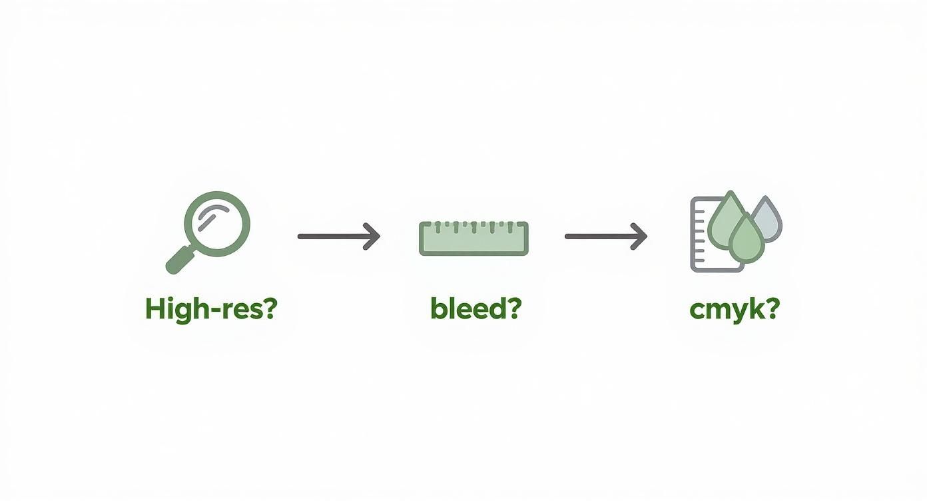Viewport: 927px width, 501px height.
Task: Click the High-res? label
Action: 210,310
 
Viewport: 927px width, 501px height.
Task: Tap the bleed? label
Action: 475,309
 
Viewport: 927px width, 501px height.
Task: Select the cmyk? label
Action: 734,310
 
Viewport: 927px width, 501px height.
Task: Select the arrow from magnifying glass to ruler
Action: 338,236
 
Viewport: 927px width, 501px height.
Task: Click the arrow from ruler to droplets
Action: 605,236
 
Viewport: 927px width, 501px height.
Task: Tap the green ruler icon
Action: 473,239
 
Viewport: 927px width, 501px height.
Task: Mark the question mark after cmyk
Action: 771,309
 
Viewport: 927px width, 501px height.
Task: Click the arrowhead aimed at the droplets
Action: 640,236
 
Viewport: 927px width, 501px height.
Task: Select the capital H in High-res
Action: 154,309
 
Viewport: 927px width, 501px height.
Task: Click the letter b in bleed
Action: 438,309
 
